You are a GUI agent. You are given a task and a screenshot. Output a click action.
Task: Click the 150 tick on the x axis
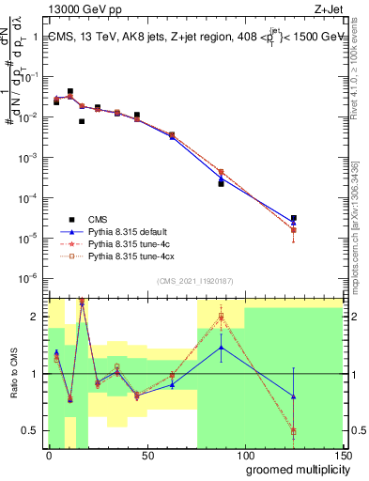[x=343, y=456]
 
